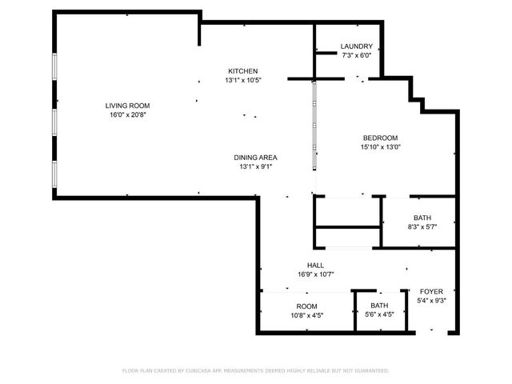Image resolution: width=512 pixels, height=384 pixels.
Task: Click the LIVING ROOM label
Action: (128, 106)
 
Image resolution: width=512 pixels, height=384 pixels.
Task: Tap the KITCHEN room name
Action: (242, 70)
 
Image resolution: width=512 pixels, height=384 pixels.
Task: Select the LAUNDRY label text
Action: (356, 46)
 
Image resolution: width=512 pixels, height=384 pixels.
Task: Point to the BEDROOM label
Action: (380, 138)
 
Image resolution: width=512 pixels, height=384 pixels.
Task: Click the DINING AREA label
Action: (255, 158)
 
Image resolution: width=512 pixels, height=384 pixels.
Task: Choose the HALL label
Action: (315, 266)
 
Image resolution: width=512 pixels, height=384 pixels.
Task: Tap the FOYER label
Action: (431, 291)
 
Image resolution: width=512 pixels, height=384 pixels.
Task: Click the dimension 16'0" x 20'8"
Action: (128, 115)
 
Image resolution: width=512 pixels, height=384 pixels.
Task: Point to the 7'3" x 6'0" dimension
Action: (356, 56)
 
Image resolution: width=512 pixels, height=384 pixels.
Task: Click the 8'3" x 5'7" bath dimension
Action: (422, 227)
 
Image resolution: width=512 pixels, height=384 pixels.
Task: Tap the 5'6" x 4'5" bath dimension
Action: (379, 315)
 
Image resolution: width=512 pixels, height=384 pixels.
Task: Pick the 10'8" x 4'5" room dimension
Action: (306, 315)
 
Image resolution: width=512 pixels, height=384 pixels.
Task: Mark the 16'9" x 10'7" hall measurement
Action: (315, 274)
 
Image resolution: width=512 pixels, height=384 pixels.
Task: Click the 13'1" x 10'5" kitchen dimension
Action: (242, 80)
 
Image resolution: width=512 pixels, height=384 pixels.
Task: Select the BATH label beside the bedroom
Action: (422, 218)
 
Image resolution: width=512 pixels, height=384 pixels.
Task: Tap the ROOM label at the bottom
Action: (306, 306)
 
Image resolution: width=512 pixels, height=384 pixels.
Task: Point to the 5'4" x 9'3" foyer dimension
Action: (431, 301)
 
